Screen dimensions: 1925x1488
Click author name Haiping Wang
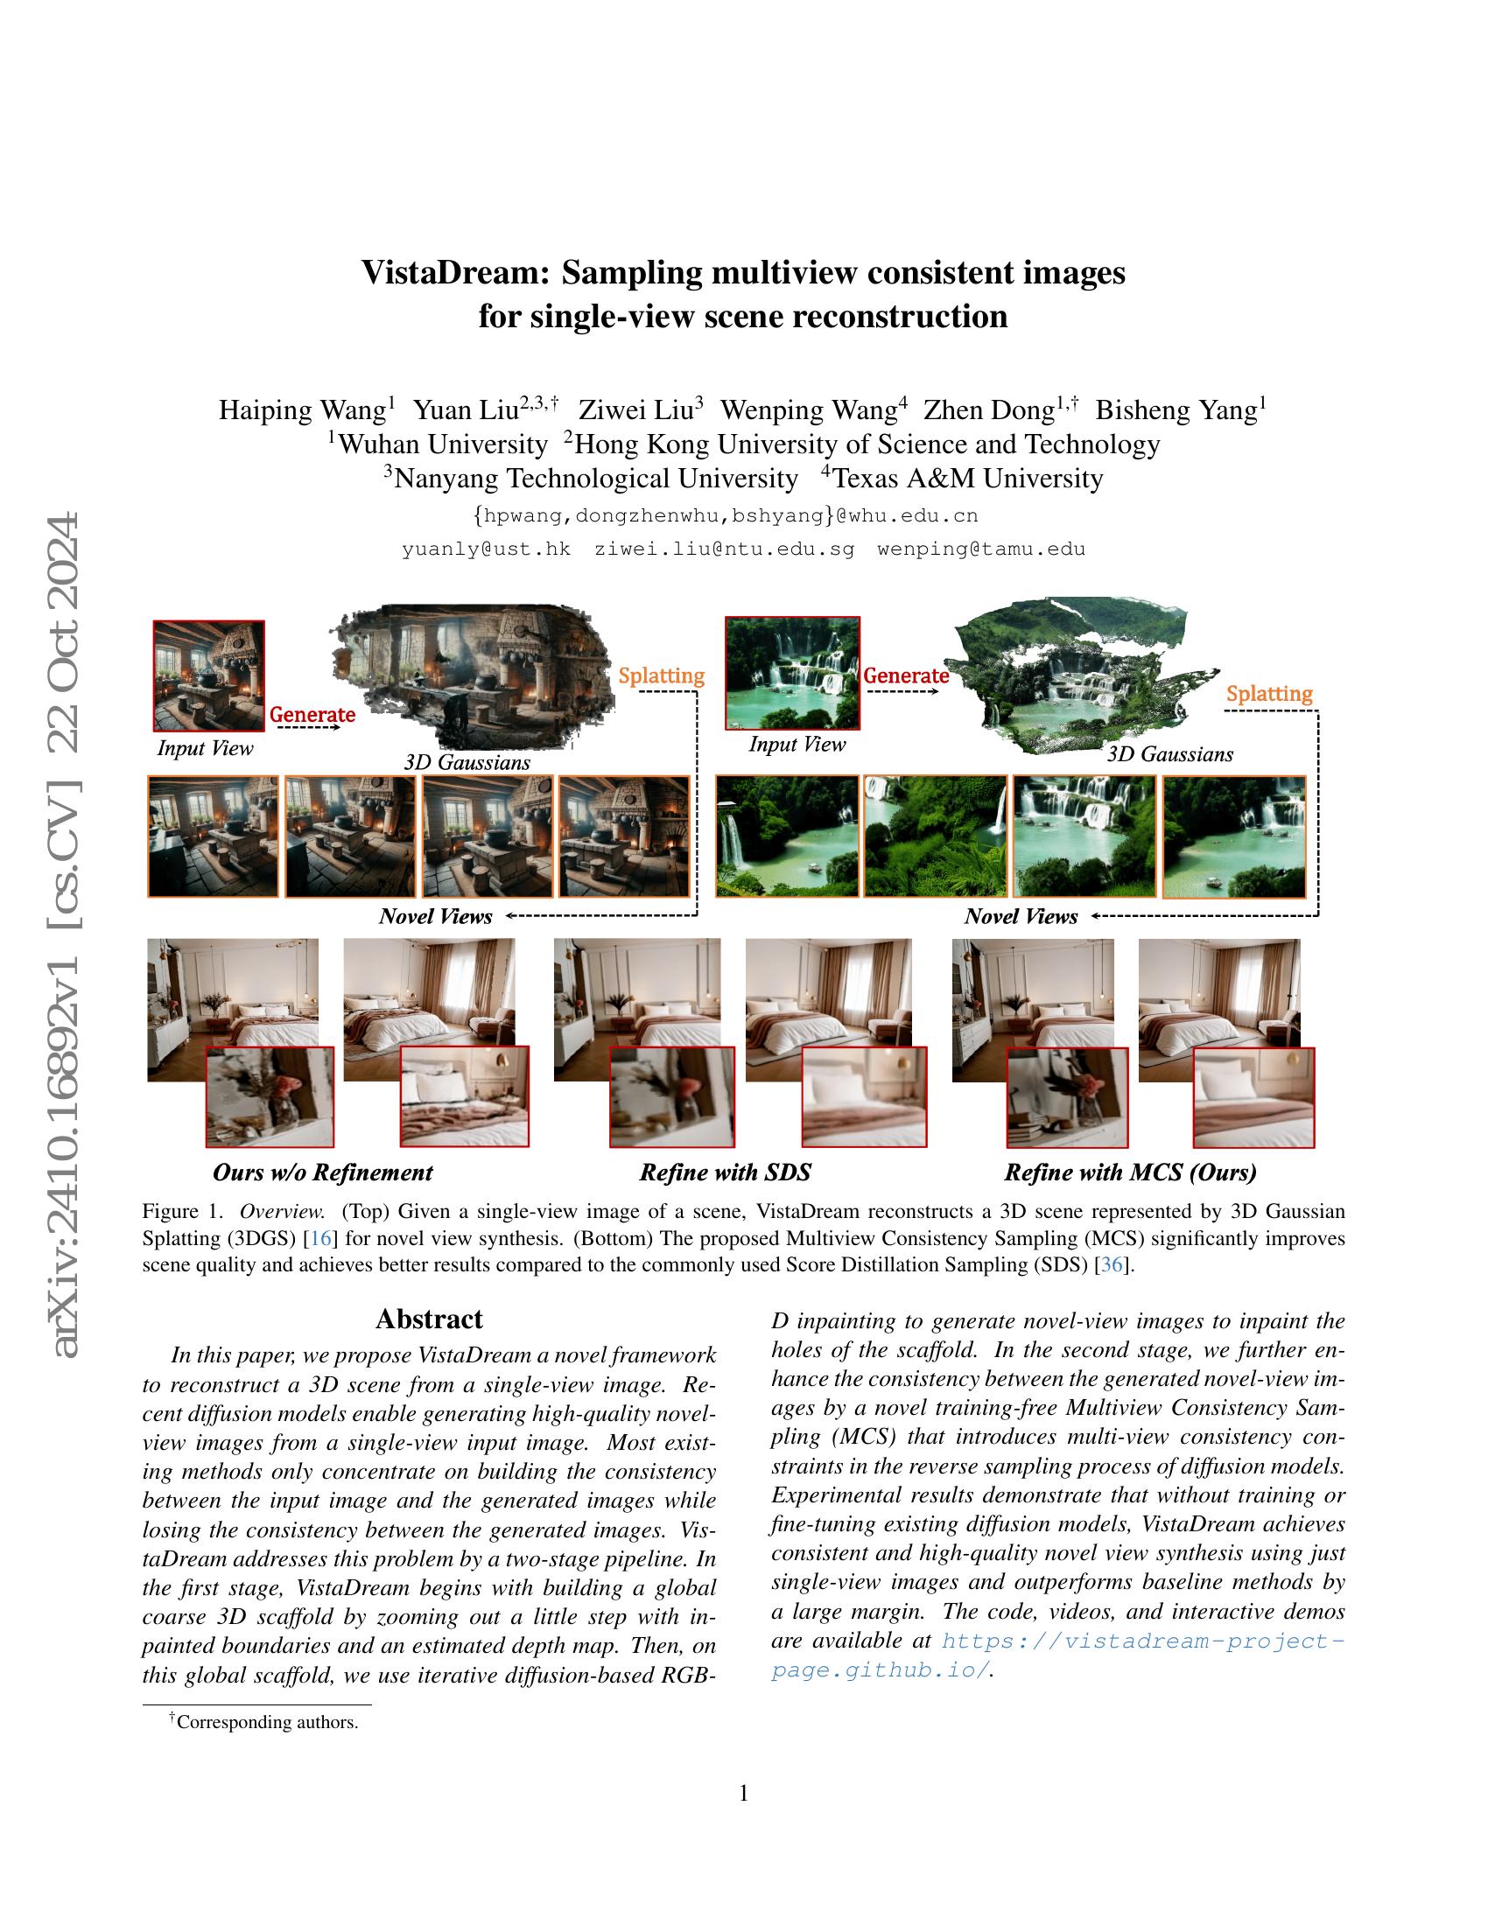click(x=302, y=410)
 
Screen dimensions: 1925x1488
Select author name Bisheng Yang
click(x=1175, y=410)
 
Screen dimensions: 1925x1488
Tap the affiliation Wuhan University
click(x=442, y=444)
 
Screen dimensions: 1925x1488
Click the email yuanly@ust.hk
click(x=486, y=549)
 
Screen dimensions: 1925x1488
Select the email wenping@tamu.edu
click(x=980, y=549)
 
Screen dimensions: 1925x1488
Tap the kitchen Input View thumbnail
click(x=209, y=675)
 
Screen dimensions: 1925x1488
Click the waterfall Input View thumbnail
click(x=791, y=674)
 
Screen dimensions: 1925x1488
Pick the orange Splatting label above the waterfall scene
click(x=1268, y=694)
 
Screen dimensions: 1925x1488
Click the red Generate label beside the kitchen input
click(x=312, y=715)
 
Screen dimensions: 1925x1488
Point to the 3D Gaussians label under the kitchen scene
click(x=467, y=762)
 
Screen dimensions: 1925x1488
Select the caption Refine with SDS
click(x=725, y=1172)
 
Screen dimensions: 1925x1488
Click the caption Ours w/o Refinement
click(x=323, y=1172)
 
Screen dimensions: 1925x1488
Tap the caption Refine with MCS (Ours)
click(x=1130, y=1172)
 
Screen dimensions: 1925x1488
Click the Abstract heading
click(x=429, y=1319)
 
